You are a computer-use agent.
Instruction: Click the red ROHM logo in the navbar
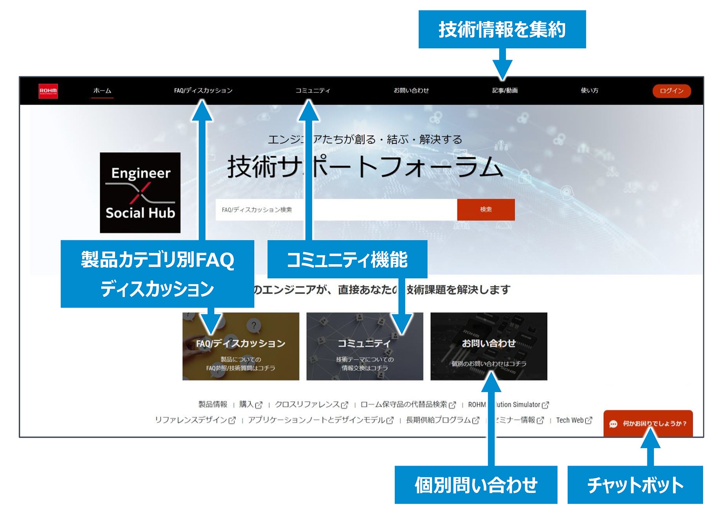point(48,91)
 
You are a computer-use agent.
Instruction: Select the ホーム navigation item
point(102,91)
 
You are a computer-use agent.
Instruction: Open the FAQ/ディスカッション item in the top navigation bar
point(203,91)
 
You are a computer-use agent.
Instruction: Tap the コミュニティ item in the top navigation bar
point(313,91)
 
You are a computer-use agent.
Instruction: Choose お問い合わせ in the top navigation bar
point(411,91)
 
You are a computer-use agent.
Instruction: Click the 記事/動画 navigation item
point(505,91)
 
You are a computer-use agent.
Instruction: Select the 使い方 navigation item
point(589,91)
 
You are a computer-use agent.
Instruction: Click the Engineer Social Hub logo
point(140,193)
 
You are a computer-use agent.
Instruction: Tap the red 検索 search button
point(486,209)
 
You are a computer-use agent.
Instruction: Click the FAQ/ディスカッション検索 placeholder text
point(257,210)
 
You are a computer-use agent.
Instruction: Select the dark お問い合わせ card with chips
point(488,346)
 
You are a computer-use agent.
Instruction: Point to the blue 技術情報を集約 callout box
point(502,29)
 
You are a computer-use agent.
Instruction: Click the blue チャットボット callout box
point(635,485)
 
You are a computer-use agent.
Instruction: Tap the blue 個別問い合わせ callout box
point(476,485)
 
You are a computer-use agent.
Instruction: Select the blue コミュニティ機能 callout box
point(347,259)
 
